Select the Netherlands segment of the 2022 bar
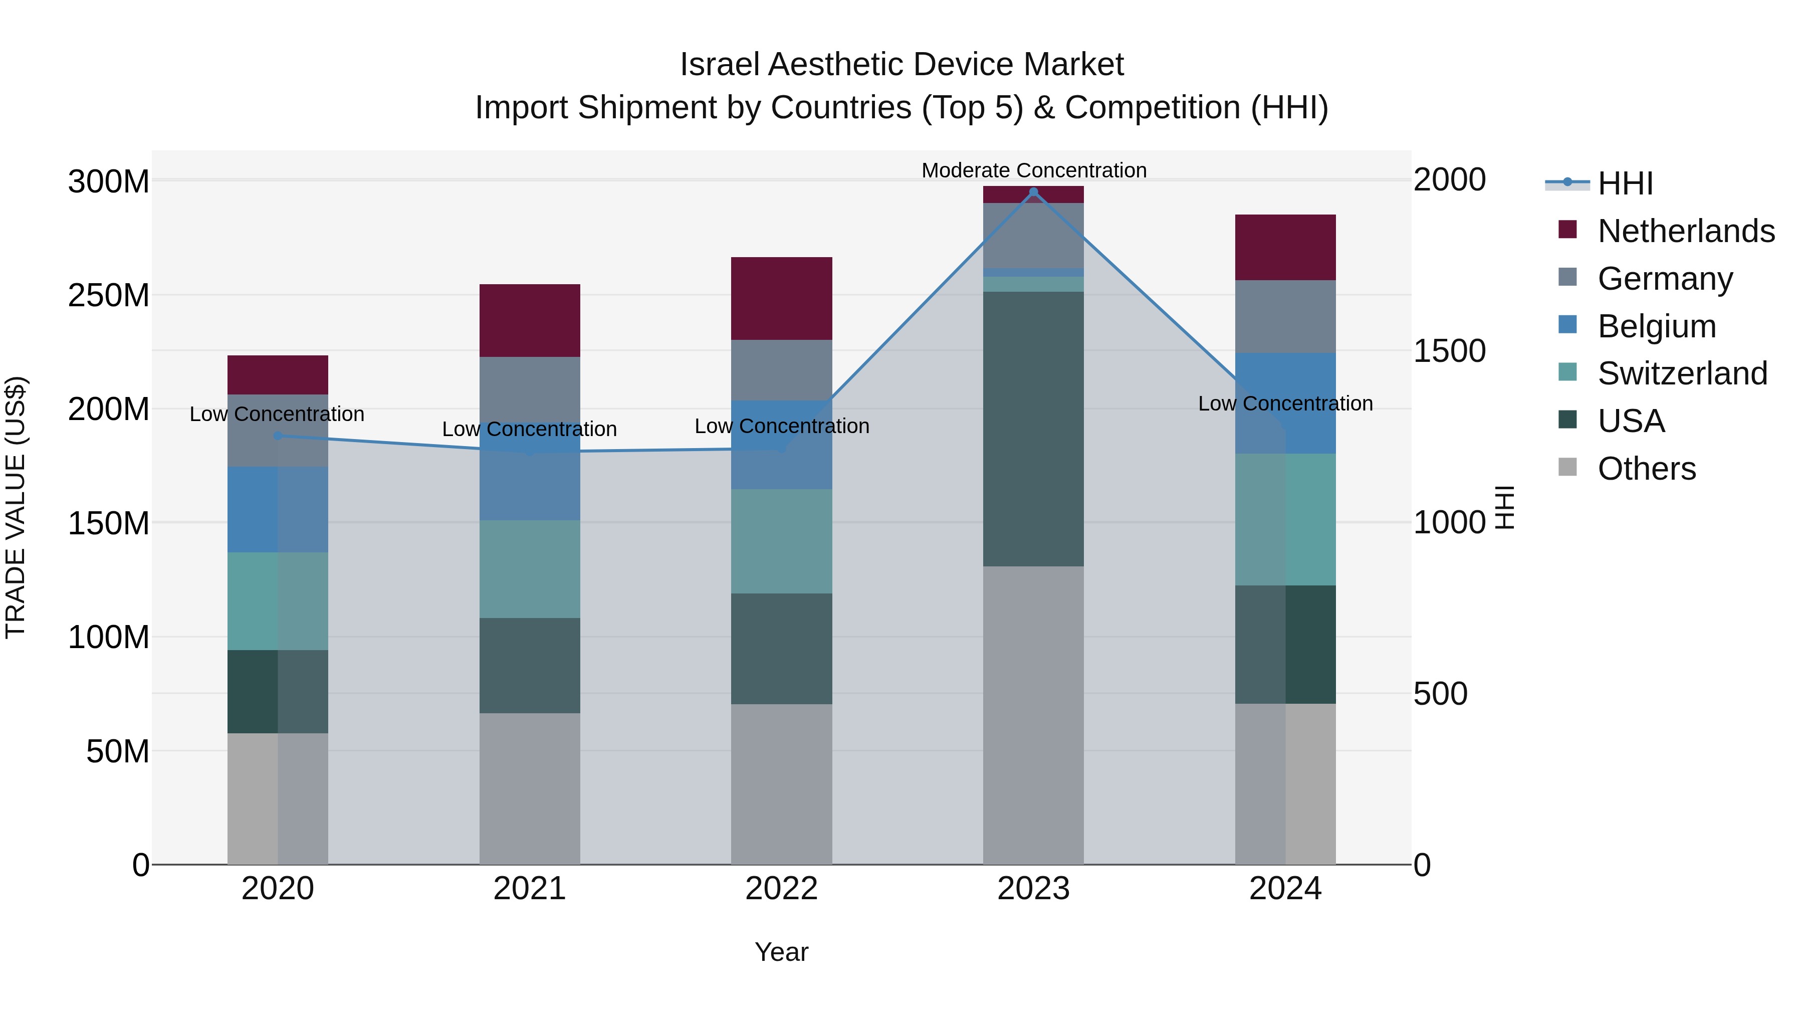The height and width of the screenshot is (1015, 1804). tap(782, 298)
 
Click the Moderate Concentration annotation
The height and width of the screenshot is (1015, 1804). tap(1034, 170)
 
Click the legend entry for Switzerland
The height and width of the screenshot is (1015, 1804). tap(1682, 373)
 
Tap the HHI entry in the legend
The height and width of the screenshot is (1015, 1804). tap(1625, 183)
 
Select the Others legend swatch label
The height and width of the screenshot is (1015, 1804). tap(1647, 469)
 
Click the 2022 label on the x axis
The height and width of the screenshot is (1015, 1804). tap(782, 889)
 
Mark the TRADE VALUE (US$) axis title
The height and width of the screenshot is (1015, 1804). tap(16, 507)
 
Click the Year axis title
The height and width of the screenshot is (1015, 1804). tap(782, 952)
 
